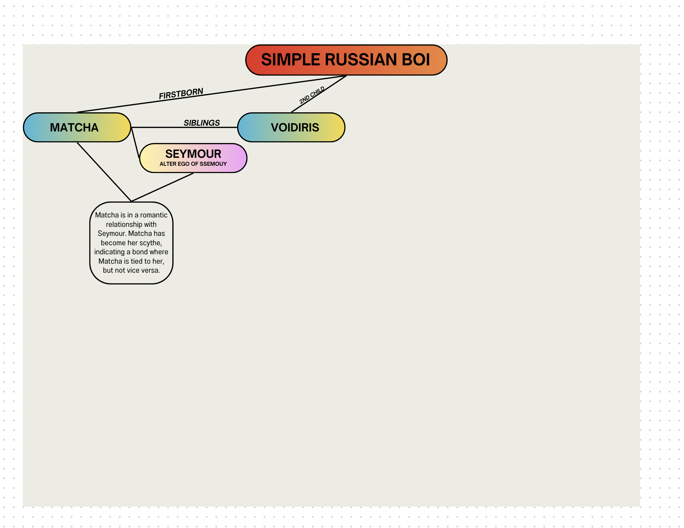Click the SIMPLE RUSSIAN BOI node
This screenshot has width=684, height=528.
click(x=346, y=60)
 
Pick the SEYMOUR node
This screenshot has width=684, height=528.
click(x=193, y=154)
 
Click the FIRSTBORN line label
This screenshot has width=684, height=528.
click(x=181, y=94)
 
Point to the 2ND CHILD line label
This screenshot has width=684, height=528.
click(x=312, y=95)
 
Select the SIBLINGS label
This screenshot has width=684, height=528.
click(x=201, y=123)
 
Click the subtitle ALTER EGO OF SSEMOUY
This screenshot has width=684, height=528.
click(x=193, y=164)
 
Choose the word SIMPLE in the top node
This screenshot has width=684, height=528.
click(x=290, y=60)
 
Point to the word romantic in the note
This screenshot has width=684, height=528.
click(x=154, y=215)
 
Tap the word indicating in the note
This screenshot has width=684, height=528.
click(x=109, y=252)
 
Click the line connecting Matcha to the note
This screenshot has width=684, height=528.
click(x=104, y=172)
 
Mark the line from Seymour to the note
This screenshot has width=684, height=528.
click(x=162, y=187)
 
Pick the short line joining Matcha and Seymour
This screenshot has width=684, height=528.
click(x=135, y=143)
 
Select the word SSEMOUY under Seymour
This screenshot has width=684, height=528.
click(x=213, y=164)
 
